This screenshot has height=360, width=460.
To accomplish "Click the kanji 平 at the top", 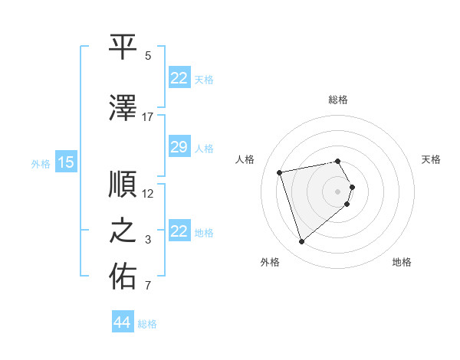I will click(123, 47).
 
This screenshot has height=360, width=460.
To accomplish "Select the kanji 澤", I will click(123, 109).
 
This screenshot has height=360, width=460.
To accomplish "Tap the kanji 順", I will click(123, 186).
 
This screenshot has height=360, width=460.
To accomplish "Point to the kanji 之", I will click(123, 232).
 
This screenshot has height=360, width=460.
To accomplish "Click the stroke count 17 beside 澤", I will click(148, 117).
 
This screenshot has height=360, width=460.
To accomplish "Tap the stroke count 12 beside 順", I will click(148, 194).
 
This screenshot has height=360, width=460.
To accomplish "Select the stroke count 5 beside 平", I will click(148, 56).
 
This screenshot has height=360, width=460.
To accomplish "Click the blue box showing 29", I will click(179, 147).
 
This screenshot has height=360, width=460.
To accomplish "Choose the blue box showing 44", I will click(123, 322).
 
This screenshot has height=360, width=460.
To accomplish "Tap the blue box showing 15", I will click(66, 162).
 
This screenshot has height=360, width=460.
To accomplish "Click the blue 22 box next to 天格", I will click(179, 78).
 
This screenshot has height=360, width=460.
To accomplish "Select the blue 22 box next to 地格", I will click(179, 231).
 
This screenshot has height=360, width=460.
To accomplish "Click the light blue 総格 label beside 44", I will click(147, 324).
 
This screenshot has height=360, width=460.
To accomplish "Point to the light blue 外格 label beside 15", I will click(41, 163).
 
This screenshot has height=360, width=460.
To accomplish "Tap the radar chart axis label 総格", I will click(337, 100).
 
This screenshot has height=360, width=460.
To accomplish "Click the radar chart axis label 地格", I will click(402, 262).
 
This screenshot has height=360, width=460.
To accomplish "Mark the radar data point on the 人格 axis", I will click(280, 172).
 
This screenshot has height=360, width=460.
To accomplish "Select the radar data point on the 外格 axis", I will click(302, 242).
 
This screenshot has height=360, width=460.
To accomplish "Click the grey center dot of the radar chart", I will click(337, 191).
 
